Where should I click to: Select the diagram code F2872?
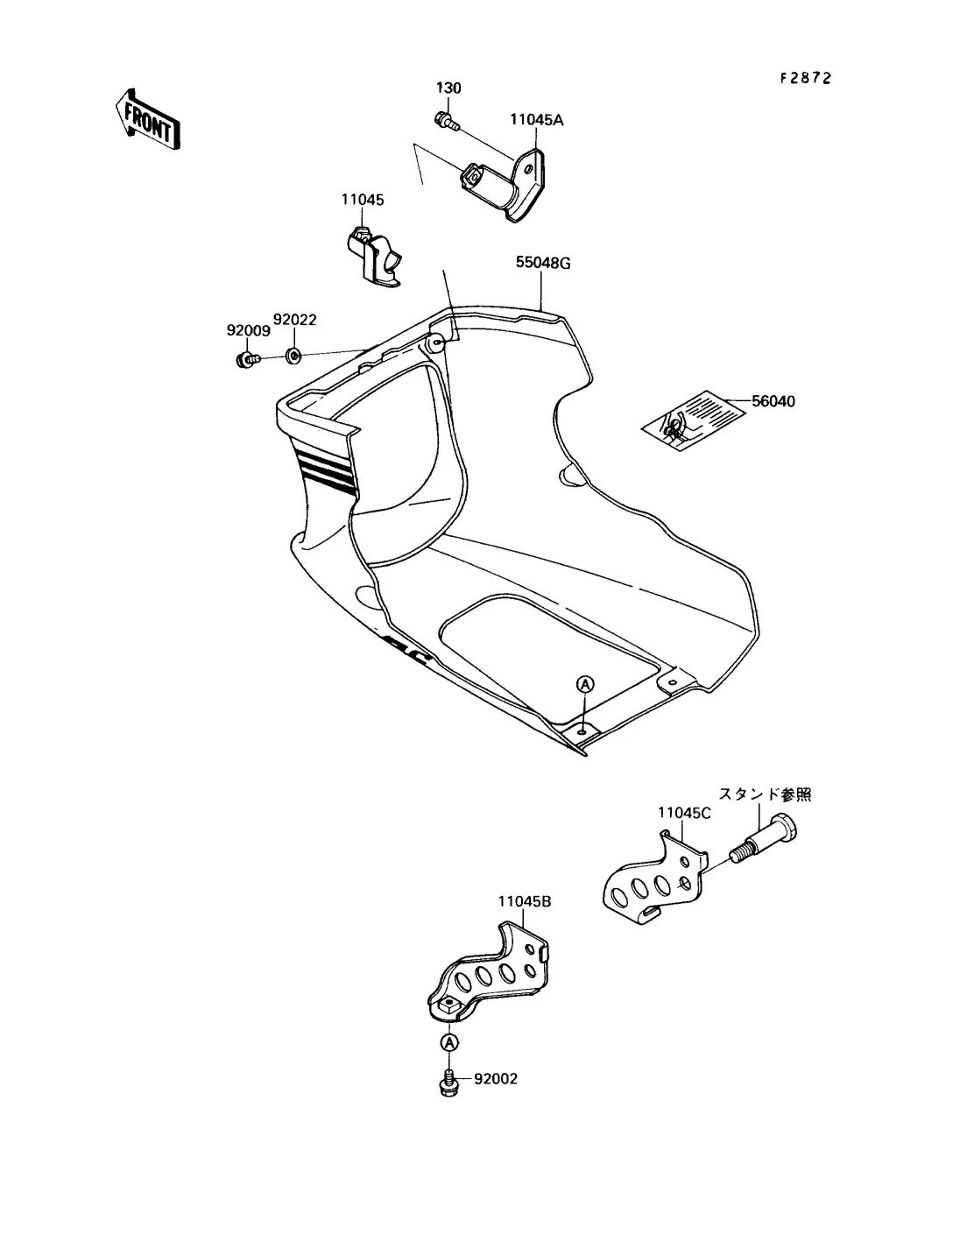[x=805, y=78]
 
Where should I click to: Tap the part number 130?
[x=448, y=88]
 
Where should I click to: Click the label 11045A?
[x=537, y=120]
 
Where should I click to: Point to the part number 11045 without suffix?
[x=362, y=201]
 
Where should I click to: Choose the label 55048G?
[x=543, y=262]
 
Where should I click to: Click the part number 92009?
[x=247, y=331]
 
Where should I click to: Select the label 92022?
[x=294, y=320]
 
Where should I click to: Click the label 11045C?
[x=684, y=813]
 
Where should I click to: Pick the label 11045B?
[x=525, y=901]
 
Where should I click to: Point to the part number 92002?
[x=496, y=1079]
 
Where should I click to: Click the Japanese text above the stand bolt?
[x=765, y=795]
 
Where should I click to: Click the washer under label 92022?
[x=294, y=355]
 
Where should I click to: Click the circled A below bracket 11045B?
[x=449, y=1042]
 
